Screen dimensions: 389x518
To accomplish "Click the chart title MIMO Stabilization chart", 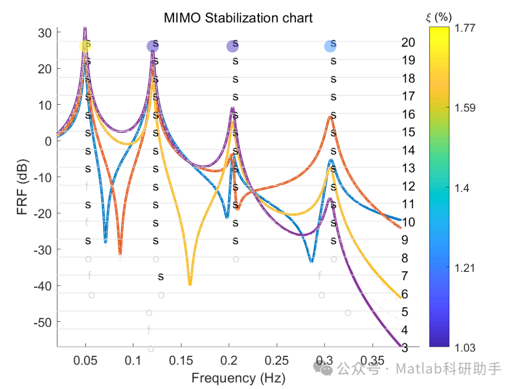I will pyautogui.click(x=238, y=18).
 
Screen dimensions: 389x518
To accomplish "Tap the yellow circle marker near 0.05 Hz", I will pyautogui.click(x=85, y=46).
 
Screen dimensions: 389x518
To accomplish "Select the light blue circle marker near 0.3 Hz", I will pyautogui.click(x=330, y=46).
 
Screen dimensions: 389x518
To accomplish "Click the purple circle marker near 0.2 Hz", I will pyautogui.click(x=232, y=46).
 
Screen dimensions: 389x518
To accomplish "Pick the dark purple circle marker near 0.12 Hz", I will pyautogui.click(x=153, y=46).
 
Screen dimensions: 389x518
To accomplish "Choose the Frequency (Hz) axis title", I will pyautogui.click(x=238, y=378).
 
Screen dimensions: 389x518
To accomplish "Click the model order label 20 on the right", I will pyautogui.click(x=408, y=43).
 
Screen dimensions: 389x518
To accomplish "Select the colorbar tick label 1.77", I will pyautogui.click(x=464, y=28).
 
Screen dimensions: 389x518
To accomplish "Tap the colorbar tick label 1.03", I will pyautogui.click(x=464, y=347).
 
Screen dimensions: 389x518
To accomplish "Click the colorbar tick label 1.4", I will pyautogui.click(x=461, y=188).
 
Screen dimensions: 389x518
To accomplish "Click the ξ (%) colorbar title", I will pyautogui.click(x=439, y=18).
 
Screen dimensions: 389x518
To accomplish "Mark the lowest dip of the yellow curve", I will pyautogui.click(x=190, y=284).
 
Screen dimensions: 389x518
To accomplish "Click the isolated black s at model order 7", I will pyautogui.click(x=161, y=277).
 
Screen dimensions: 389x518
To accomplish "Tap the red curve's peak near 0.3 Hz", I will pyautogui.click(x=330, y=117).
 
